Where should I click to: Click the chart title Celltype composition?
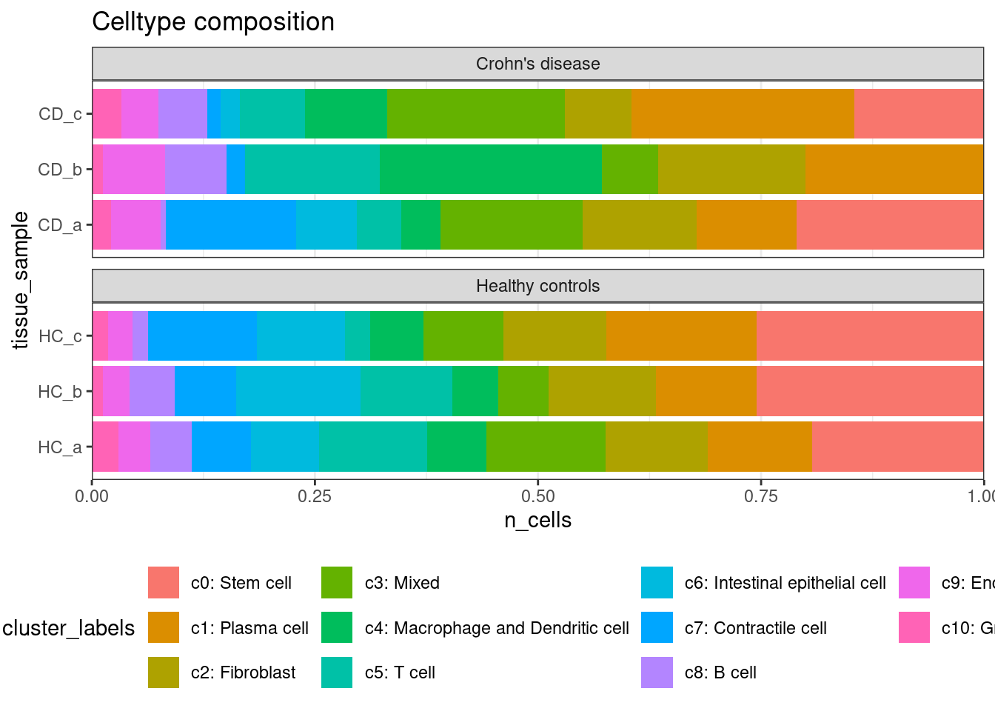[x=213, y=22]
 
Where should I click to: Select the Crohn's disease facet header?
[x=537, y=64]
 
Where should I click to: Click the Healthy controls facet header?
[x=537, y=286]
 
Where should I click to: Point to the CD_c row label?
[x=60, y=114]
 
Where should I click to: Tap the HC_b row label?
[x=60, y=391]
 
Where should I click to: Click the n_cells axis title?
[x=537, y=521]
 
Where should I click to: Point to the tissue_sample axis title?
[x=21, y=280]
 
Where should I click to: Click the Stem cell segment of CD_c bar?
[x=918, y=114]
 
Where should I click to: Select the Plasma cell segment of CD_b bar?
[x=894, y=170]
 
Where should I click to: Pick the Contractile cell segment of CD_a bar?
[x=231, y=225]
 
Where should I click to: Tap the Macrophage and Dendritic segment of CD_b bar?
[x=491, y=170]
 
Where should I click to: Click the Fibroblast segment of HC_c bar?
[x=555, y=336]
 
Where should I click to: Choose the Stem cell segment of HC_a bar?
[x=897, y=447]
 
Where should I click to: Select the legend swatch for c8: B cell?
[x=657, y=672]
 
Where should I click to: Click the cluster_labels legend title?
[x=69, y=628]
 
